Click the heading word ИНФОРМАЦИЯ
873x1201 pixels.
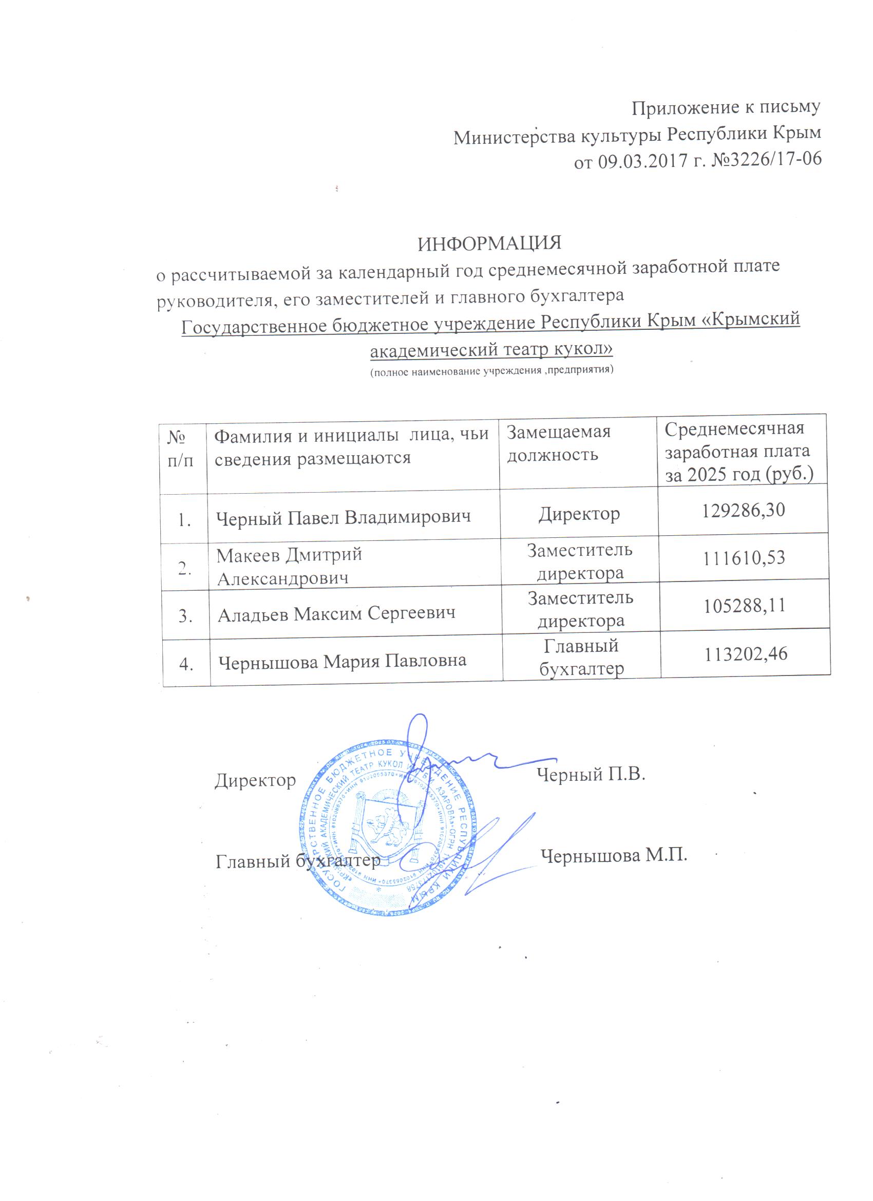(489, 243)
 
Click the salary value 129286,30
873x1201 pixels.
(743, 510)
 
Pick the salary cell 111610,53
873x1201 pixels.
(744, 558)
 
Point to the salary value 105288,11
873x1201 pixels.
(744, 605)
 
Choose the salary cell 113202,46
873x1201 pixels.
(746, 654)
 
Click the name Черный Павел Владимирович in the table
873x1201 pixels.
(344, 517)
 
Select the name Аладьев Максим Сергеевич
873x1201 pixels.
(337, 614)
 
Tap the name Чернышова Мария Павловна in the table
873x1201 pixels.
(342, 662)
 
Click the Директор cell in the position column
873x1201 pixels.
(579, 514)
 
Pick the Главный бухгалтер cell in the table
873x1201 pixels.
(581, 657)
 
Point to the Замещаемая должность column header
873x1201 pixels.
(559, 443)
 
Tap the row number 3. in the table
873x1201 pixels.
(185, 616)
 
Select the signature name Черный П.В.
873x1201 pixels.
(591, 775)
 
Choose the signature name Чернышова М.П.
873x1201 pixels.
(614, 855)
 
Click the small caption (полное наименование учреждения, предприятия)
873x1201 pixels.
(491, 370)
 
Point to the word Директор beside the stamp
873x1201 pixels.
(255, 780)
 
